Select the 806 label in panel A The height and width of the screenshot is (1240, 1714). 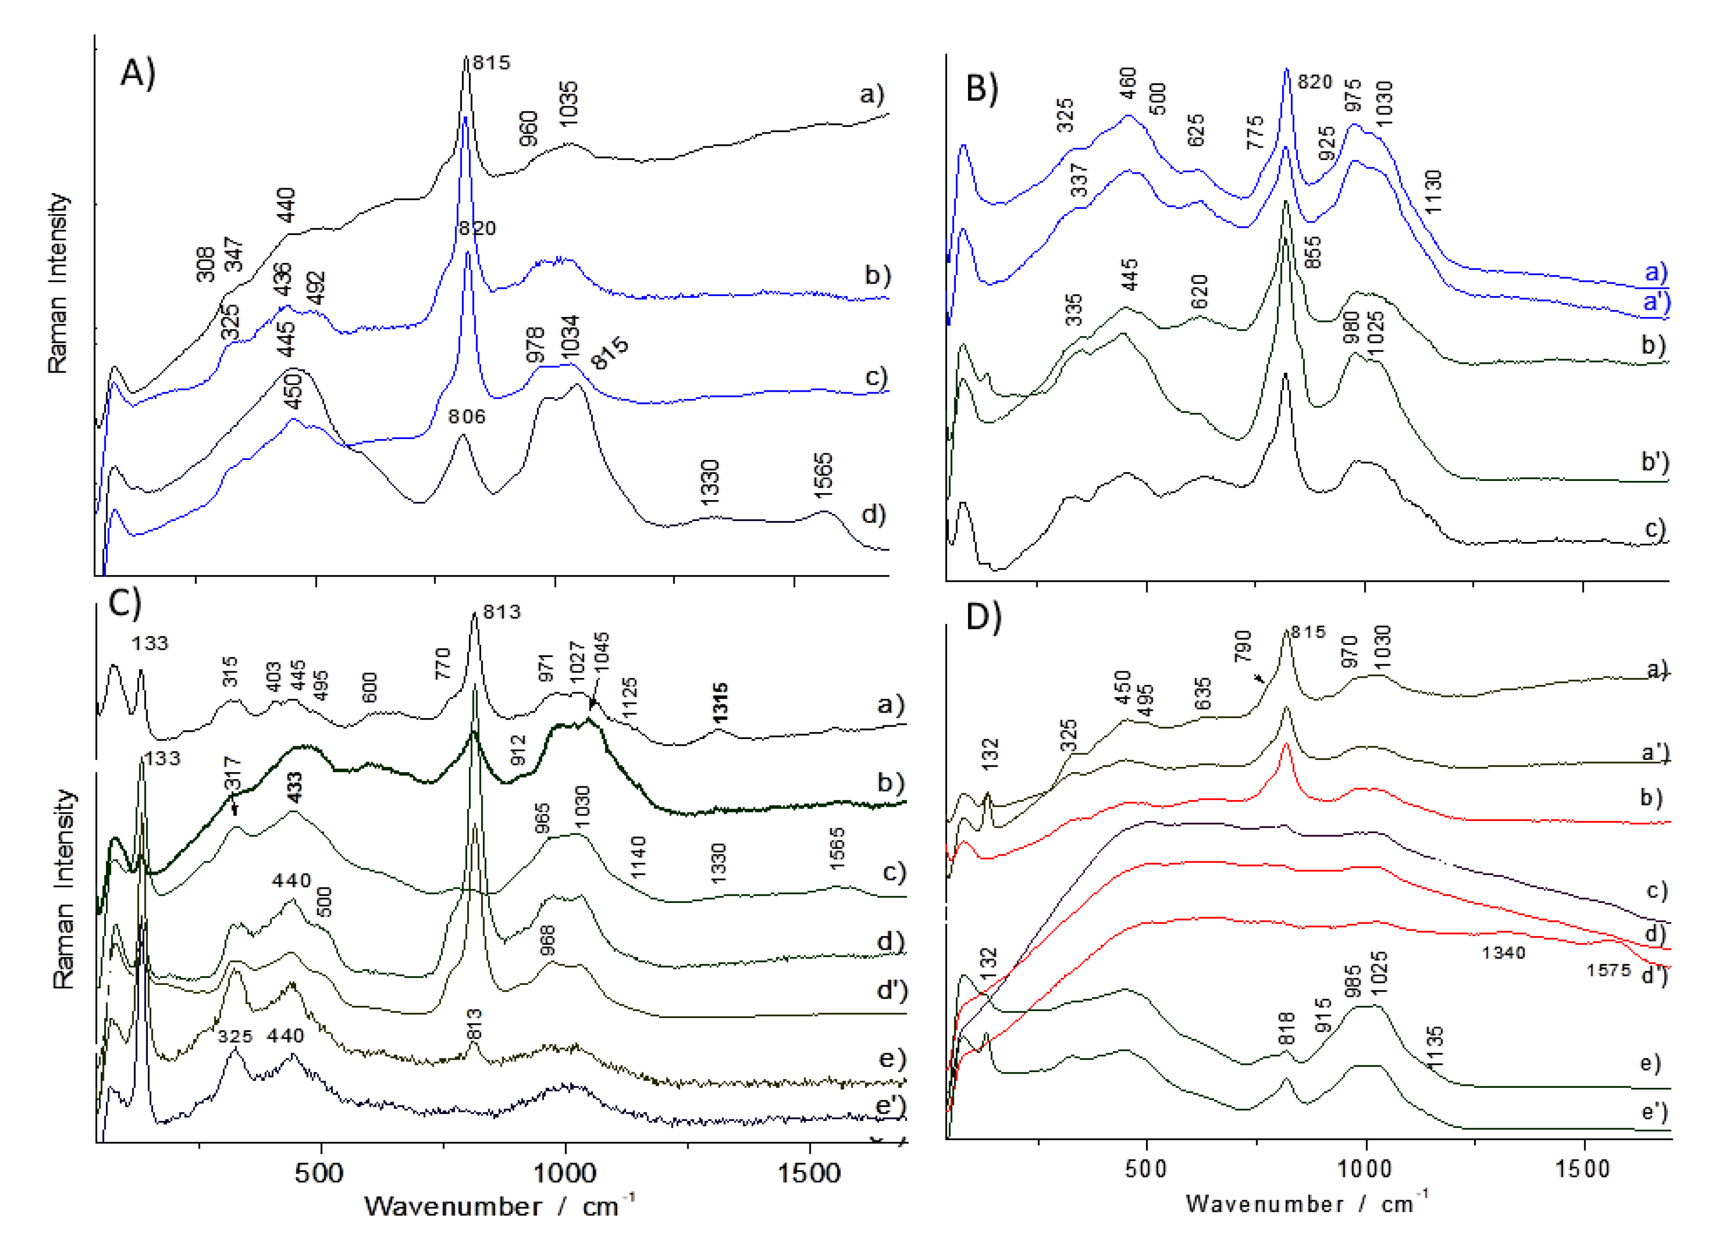point(466,417)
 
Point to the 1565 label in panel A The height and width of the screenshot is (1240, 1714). point(823,475)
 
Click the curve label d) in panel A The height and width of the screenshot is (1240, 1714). point(873,515)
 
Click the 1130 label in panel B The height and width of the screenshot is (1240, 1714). point(1432,192)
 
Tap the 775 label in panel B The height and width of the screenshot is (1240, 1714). point(1254,132)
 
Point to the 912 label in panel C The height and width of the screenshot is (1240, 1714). point(518,750)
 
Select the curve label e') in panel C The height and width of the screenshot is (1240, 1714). point(890,1105)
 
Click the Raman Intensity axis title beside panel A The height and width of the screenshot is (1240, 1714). point(58,283)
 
